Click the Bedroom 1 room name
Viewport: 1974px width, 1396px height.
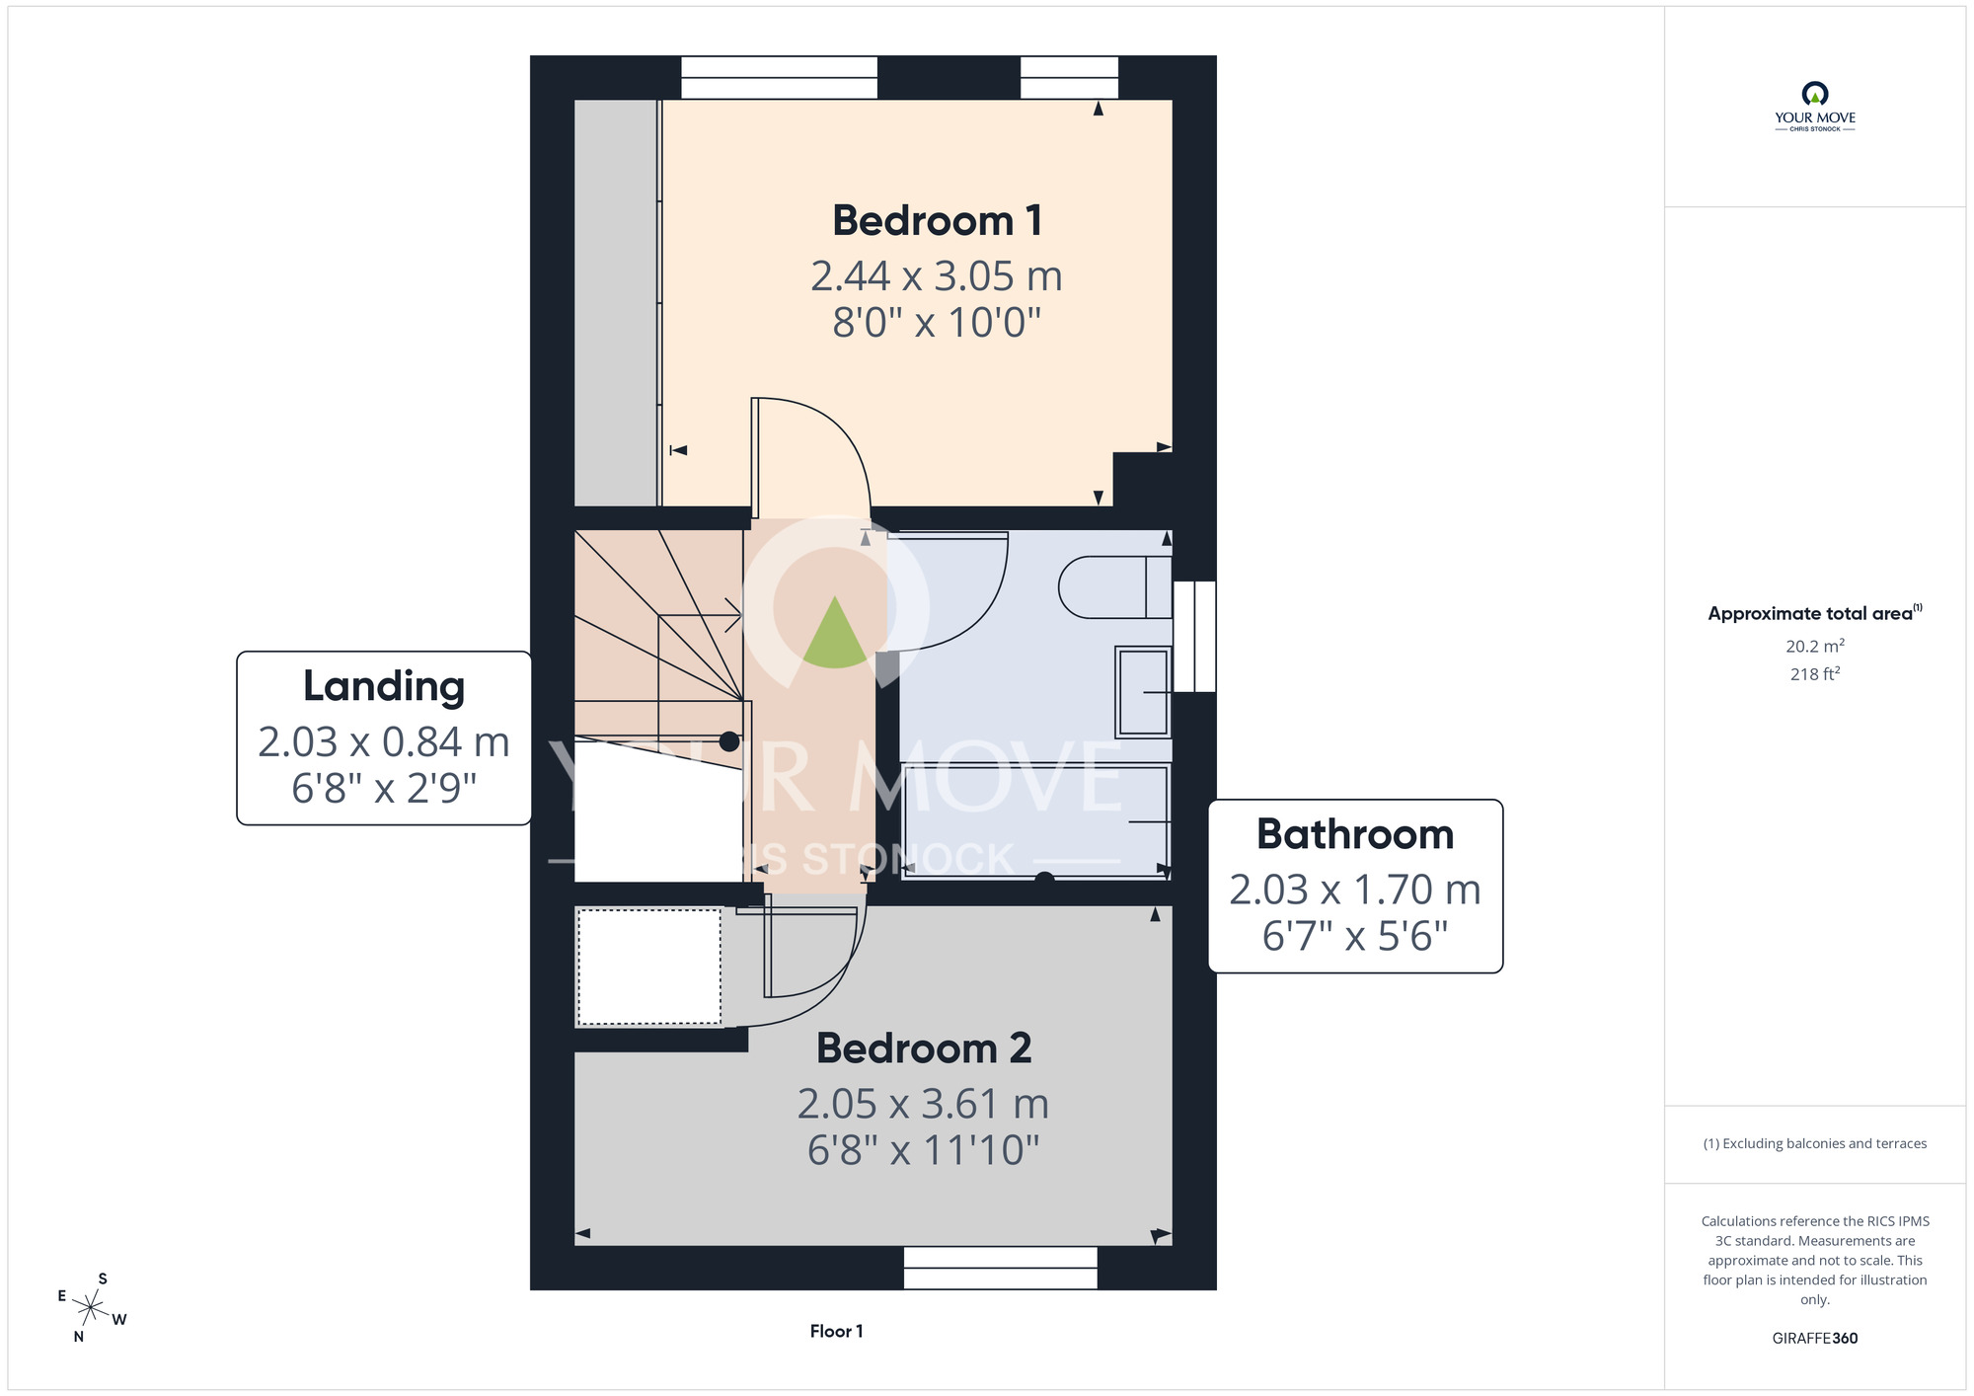pyautogui.click(x=937, y=220)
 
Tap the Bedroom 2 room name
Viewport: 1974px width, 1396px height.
pyautogui.click(x=924, y=1047)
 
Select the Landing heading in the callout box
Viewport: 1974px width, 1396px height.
pyautogui.click(x=384, y=687)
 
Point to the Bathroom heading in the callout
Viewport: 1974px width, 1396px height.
pyautogui.click(x=1355, y=834)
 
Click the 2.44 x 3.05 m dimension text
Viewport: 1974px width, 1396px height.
pyautogui.click(x=937, y=276)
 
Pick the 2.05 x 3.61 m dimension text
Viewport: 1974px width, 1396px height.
pyautogui.click(x=924, y=1104)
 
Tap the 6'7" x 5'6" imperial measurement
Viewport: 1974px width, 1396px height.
pyautogui.click(x=1355, y=936)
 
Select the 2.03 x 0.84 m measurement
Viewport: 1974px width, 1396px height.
pyautogui.click(x=384, y=742)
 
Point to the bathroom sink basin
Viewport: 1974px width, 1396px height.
pyautogui.click(x=1143, y=692)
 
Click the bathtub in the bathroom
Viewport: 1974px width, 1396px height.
pyautogui.click(x=1036, y=820)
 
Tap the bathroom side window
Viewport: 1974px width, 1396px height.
pyautogui.click(x=1194, y=636)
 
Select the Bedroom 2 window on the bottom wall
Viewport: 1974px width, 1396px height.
pyautogui.click(x=1001, y=1268)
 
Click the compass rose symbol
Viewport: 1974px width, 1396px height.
pyautogui.click(x=91, y=1308)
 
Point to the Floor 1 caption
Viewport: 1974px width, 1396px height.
pyautogui.click(x=836, y=1331)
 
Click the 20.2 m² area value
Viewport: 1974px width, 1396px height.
pyautogui.click(x=1815, y=646)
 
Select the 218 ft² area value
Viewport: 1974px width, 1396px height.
pyautogui.click(x=1815, y=673)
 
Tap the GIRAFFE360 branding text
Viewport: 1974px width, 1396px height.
pyautogui.click(x=1815, y=1338)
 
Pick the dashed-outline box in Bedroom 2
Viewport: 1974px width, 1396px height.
pyautogui.click(x=649, y=967)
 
